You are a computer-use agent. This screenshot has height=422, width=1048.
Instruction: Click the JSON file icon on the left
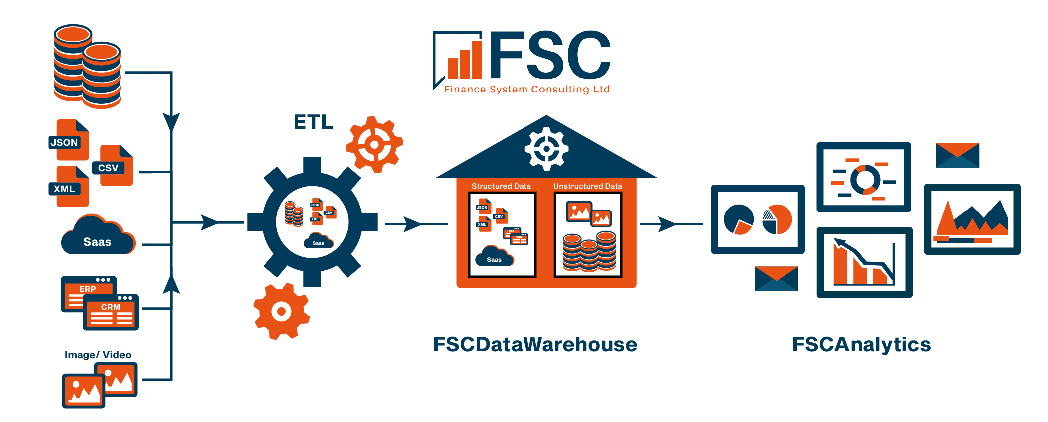coord(70,140)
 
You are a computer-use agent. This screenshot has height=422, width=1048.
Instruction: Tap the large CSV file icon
coord(114,166)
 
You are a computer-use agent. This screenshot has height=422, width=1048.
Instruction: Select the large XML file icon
coord(70,187)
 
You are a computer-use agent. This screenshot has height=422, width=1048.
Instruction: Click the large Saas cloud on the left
coord(98,237)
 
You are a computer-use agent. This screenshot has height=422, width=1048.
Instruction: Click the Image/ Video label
coord(98,355)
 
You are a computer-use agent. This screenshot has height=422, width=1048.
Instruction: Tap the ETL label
coord(313,122)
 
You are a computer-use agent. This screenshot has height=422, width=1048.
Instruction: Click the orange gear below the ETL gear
coord(281,311)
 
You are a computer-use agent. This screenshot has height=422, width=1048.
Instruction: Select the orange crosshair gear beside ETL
coord(374,145)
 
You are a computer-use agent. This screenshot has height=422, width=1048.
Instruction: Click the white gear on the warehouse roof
coord(546,148)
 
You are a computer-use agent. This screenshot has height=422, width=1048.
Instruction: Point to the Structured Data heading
coord(501,186)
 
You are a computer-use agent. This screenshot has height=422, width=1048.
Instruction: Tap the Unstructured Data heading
coord(587,186)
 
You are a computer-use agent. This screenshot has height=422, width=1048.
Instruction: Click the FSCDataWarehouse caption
coord(535,345)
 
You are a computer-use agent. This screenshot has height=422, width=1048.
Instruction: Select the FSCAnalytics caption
coord(861,345)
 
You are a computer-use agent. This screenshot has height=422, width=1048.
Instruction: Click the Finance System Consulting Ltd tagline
coord(527,89)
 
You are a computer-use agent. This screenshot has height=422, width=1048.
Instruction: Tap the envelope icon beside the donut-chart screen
coord(957,155)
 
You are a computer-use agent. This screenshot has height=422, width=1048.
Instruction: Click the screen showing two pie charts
coord(758,219)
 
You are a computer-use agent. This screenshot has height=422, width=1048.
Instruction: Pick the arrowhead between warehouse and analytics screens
coord(666,224)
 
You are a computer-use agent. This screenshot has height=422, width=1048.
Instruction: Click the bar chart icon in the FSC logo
coord(465,62)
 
